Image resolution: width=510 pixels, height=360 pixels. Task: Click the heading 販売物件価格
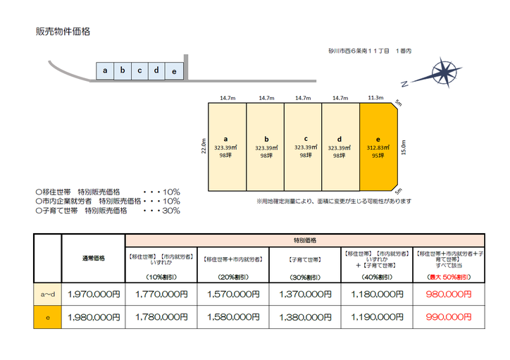(63, 32)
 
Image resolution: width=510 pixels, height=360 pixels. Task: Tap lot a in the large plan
(226, 147)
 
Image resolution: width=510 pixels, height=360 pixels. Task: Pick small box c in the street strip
(139, 70)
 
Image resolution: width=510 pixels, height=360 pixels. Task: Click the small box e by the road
(174, 71)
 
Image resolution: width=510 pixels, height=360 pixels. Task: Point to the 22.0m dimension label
(203, 147)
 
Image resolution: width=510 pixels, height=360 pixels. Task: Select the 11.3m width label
(375, 98)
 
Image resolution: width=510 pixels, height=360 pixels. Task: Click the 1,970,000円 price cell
(92, 294)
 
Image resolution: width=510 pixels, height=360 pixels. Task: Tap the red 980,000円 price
(448, 294)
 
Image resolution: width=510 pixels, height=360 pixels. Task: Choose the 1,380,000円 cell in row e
(305, 317)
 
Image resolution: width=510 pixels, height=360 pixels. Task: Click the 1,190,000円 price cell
(376, 317)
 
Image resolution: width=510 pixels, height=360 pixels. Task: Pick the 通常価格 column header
(92, 258)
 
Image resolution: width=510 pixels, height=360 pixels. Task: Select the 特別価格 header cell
(304, 240)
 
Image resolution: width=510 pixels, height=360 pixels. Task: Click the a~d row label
(47, 294)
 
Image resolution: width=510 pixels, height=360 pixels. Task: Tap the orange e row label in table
(47, 317)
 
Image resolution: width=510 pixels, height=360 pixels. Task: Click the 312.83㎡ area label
(378, 148)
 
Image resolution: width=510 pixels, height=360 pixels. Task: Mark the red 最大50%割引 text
(448, 276)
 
